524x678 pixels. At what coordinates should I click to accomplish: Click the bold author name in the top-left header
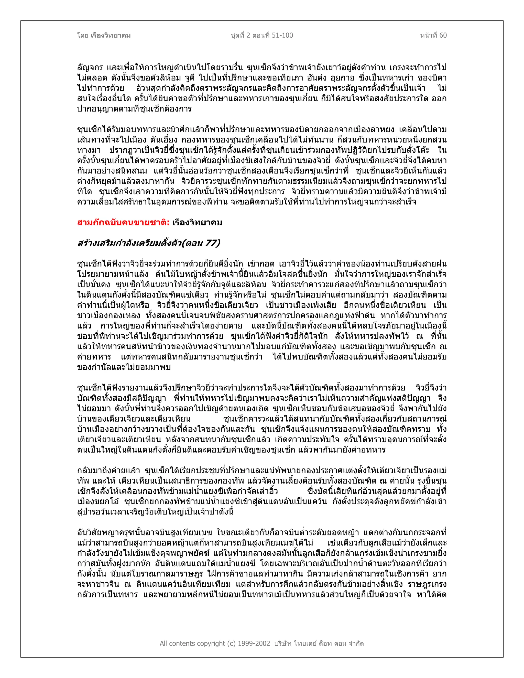111,35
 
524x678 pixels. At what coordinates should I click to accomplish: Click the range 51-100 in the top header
282,35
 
